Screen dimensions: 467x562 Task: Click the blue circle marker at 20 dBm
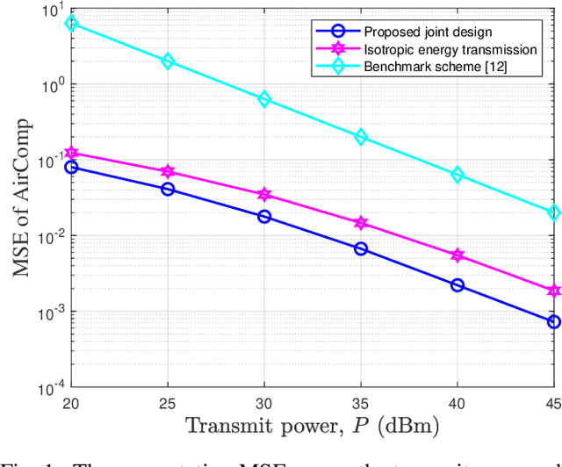point(72,167)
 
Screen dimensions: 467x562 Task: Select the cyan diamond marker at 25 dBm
point(168,61)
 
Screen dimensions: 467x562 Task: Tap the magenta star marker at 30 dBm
point(264,194)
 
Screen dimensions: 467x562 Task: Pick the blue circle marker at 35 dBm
point(361,248)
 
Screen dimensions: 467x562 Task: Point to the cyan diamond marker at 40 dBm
point(458,175)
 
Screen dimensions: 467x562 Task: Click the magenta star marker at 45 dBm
point(553,291)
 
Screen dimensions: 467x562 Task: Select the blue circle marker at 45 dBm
point(553,321)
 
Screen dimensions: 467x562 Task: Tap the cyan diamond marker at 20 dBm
point(72,24)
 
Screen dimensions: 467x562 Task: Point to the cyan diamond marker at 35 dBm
point(361,138)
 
